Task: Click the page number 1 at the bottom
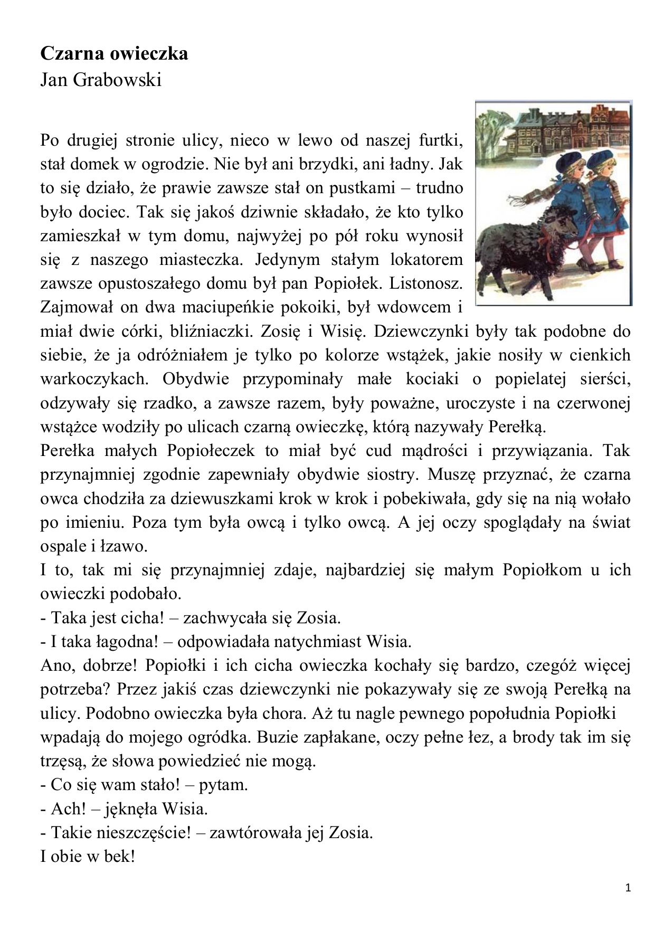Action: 628,888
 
